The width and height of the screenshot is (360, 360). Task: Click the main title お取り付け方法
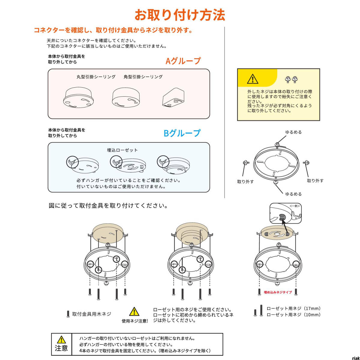pyautogui.click(x=180, y=15)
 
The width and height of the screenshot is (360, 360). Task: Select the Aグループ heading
pyautogui.click(x=183, y=61)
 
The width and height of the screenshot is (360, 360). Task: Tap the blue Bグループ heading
pyautogui.click(x=182, y=133)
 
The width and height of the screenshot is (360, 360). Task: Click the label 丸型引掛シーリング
pyautogui.click(x=96, y=77)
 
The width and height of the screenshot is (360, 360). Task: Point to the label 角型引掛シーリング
pyautogui.click(x=143, y=77)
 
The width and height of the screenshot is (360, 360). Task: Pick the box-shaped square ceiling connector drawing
pyautogui.click(x=173, y=97)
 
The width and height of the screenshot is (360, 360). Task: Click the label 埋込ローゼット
pyautogui.click(x=122, y=150)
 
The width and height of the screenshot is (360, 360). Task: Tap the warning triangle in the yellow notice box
pyautogui.click(x=253, y=79)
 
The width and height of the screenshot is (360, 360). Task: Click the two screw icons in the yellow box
pyautogui.click(x=291, y=79)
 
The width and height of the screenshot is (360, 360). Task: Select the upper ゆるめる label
pyautogui.click(x=293, y=132)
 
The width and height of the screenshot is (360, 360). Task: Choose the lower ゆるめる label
pyautogui.click(x=293, y=194)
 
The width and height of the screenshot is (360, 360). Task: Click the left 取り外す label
pyautogui.click(x=245, y=182)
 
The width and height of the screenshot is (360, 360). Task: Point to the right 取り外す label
pyautogui.click(x=315, y=181)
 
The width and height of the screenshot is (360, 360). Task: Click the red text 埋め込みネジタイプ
pyautogui.click(x=277, y=292)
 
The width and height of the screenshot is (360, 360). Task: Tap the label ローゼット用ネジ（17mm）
pyautogui.click(x=294, y=308)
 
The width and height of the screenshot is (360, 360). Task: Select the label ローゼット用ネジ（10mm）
pyautogui.click(x=294, y=315)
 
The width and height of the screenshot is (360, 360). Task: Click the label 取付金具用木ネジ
pyautogui.click(x=91, y=314)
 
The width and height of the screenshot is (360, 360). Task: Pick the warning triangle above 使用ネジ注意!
pyautogui.click(x=134, y=312)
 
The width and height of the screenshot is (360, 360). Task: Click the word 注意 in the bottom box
pyautogui.click(x=61, y=348)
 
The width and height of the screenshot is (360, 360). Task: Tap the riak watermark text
pyautogui.click(x=355, y=358)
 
